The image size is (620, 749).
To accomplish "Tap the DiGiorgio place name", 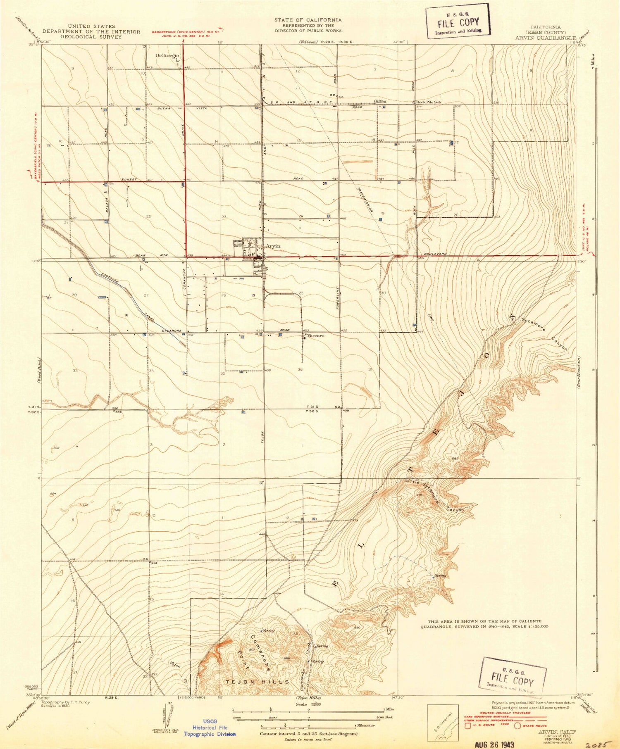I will pyautogui.click(x=167, y=55).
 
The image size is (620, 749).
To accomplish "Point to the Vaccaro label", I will pyautogui.click(x=315, y=336).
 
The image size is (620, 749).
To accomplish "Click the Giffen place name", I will pyautogui.click(x=380, y=101).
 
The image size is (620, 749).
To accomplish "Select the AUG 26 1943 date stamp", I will pyautogui.click(x=494, y=744).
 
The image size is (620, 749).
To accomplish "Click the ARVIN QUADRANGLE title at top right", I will pyautogui.click(x=546, y=38).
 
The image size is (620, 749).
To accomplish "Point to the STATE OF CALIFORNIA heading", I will pyautogui.click(x=308, y=20).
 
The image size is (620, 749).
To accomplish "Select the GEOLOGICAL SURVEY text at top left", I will pyautogui.click(x=91, y=37).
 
